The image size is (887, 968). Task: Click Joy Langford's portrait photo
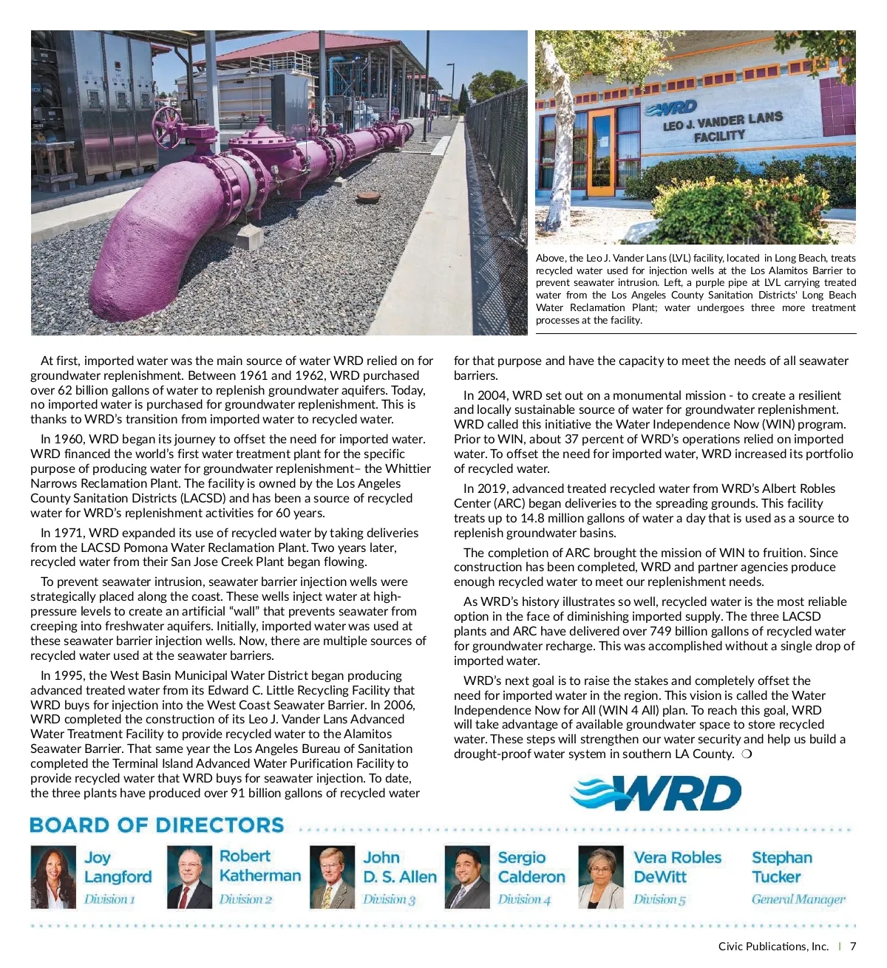(53, 877)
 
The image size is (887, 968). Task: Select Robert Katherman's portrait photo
(189, 877)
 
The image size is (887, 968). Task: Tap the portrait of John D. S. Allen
(332, 877)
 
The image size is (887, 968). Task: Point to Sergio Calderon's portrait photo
(467, 877)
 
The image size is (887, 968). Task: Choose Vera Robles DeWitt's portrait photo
(600, 877)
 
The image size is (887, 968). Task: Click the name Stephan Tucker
(781, 868)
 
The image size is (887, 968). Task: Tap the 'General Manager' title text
(798, 899)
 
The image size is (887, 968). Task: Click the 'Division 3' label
(389, 899)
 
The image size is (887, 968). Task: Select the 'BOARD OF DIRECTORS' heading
(157, 825)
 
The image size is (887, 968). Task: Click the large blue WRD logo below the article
(656, 794)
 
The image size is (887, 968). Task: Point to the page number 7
(853, 947)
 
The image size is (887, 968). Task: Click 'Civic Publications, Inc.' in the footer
(773, 947)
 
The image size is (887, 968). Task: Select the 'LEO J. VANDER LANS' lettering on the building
(722, 120)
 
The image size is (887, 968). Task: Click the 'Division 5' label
(659, 899)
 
